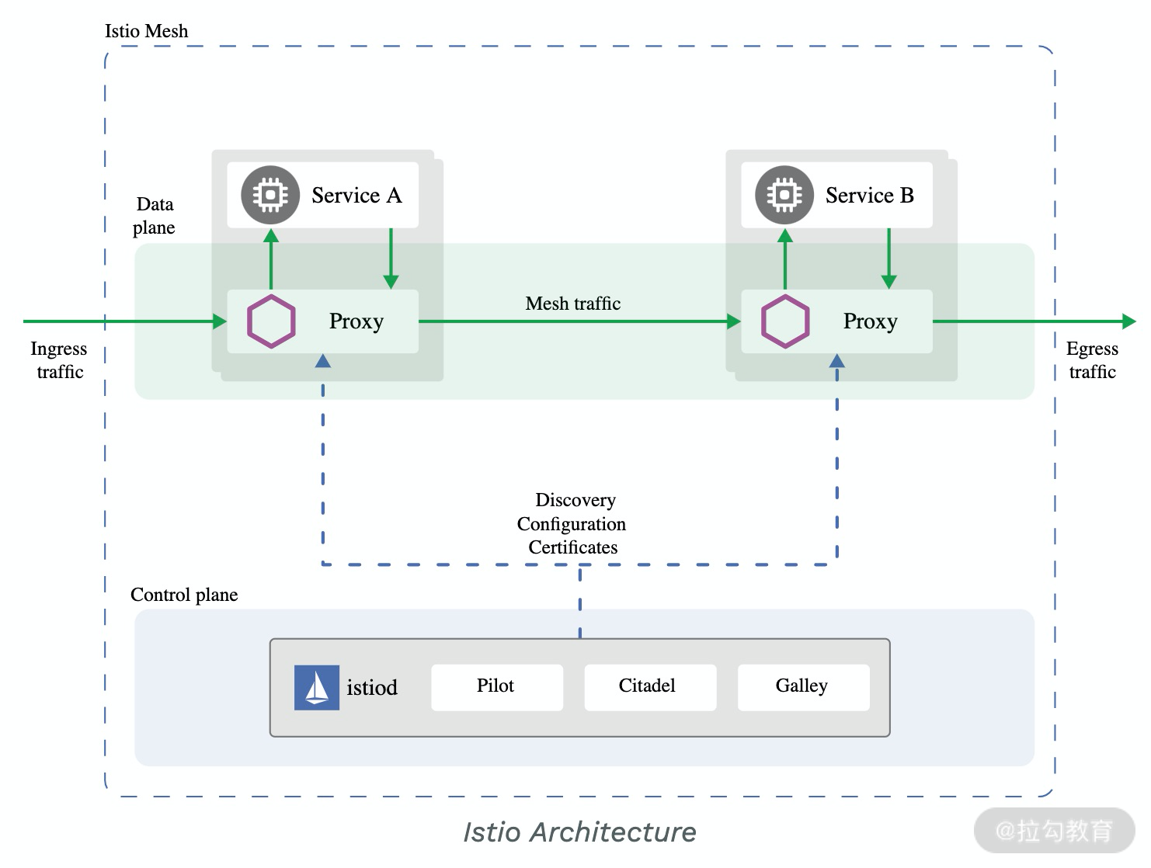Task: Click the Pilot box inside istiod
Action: click(496, 686)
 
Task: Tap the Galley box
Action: click(802, 686)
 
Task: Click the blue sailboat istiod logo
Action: click(316, 687)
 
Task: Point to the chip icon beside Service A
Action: click(270, 195)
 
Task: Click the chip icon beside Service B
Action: click(784, 195)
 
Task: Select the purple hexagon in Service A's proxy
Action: click(271, 321)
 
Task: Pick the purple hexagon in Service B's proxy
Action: click(785, 321)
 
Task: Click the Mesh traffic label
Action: click(573, 304)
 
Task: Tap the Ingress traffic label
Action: click(59, 360)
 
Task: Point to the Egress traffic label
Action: click(1092, 360)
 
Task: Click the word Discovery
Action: click(575, 500)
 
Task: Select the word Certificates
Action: click(573, 547)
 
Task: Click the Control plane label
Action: click(184, 595)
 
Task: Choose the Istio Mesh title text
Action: click(147, 31)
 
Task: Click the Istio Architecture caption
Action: click(579, 832)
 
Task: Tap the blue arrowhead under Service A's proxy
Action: click(323, 361)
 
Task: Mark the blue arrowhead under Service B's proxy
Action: click(837, 361)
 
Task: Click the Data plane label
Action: click(154, 216)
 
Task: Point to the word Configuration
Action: click(572, 524)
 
